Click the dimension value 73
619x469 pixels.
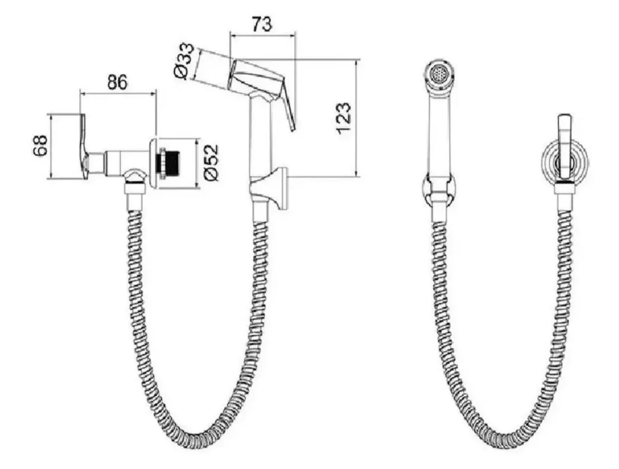coord(262,24)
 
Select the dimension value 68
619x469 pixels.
coord(40,145)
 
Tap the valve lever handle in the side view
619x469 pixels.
coord(84,146)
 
